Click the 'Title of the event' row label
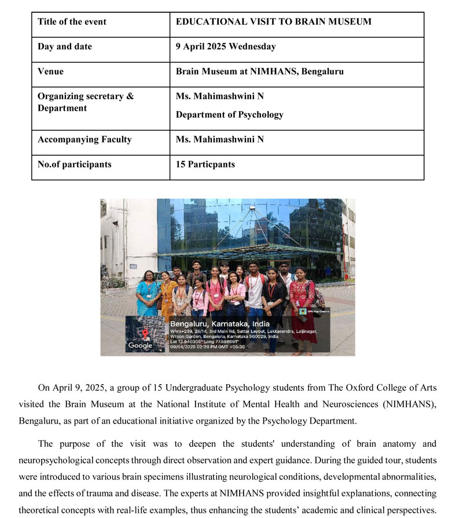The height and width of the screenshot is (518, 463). [72, 22]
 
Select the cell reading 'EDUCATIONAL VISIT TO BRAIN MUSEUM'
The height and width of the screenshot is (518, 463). [273, 22]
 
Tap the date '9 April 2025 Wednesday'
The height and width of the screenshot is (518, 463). [226, 47]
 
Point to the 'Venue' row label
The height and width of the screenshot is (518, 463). [51, 72]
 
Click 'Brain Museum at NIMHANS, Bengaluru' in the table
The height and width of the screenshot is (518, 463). [260, 72]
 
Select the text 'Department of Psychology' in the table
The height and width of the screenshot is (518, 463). [230, 115]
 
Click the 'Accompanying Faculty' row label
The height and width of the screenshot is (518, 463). [84, 140]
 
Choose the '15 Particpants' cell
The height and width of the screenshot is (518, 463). [205, 165]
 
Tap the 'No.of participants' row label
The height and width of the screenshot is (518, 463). [75, 165]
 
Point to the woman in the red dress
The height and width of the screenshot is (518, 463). [302, 301]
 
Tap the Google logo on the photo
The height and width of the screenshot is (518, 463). [140, 345]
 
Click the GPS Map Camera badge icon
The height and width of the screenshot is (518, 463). [303, 312]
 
